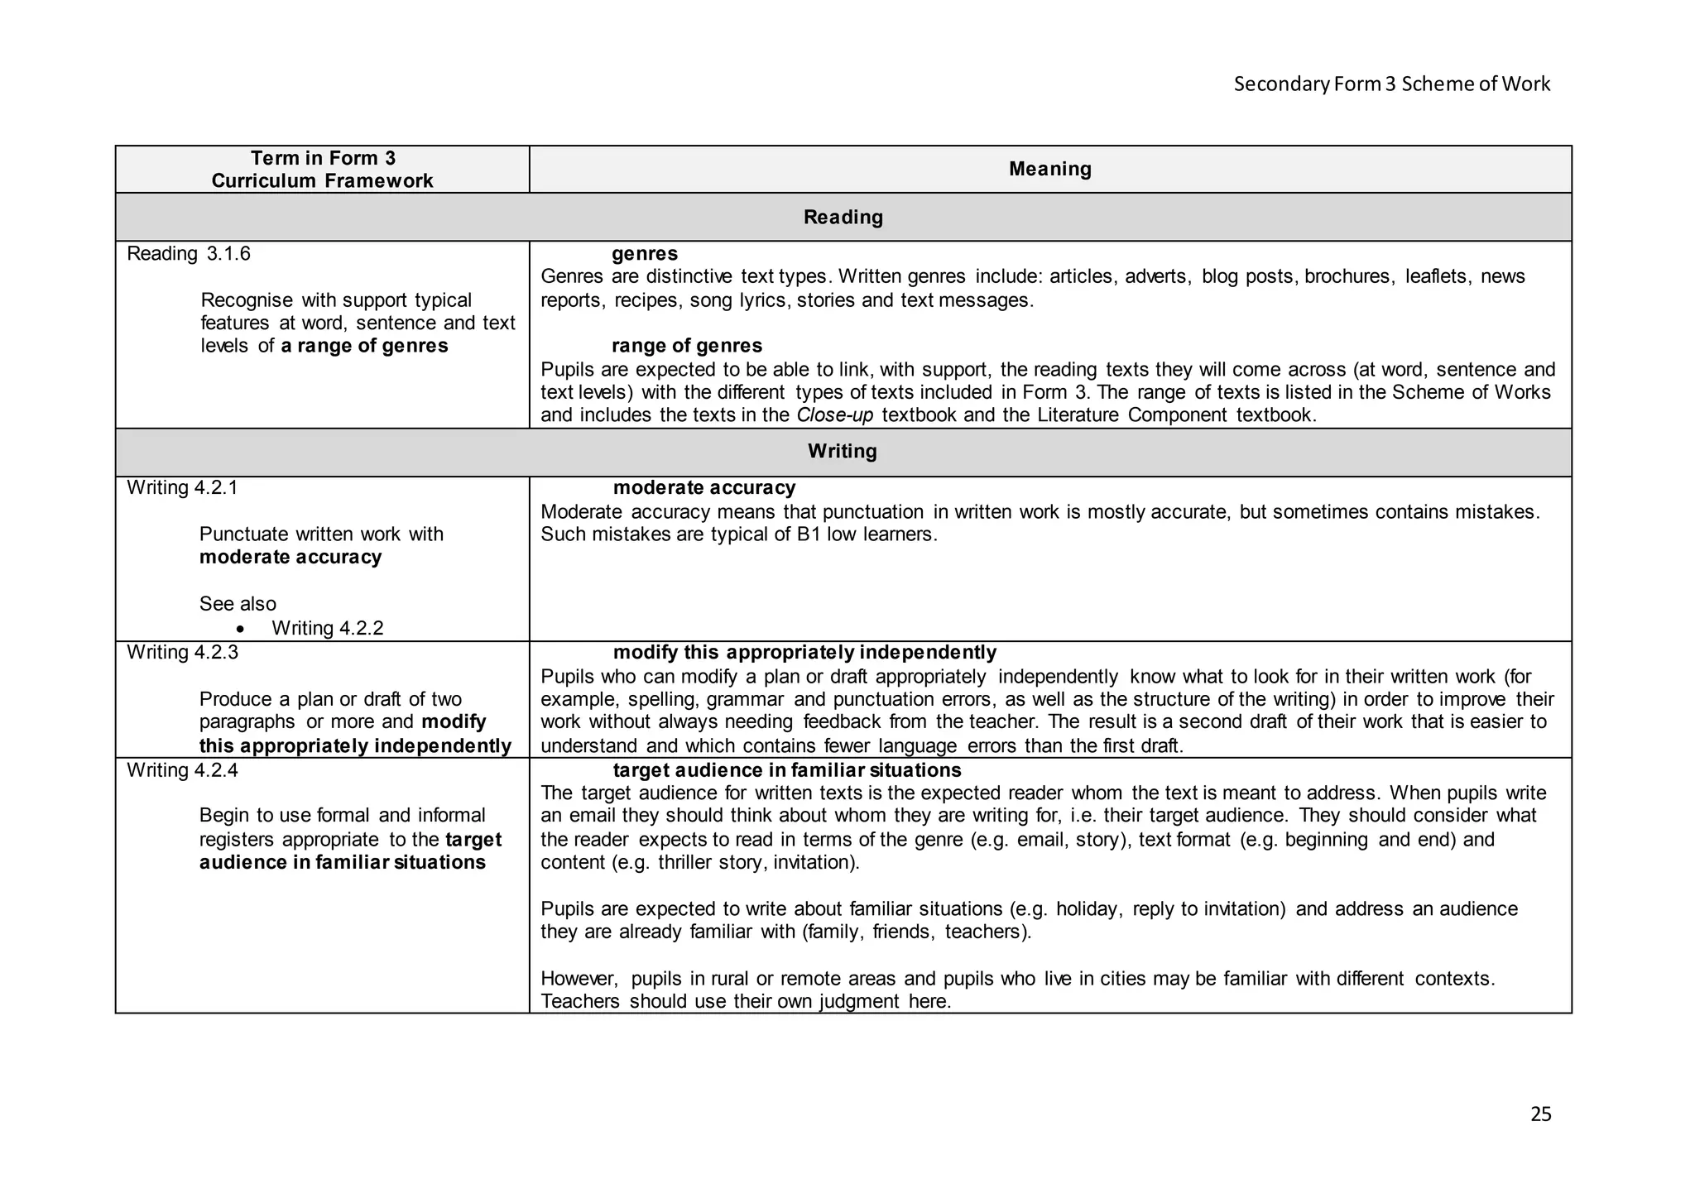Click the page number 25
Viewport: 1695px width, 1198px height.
point(1540,1114)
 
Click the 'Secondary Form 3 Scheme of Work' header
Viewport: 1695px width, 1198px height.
point(1391,84)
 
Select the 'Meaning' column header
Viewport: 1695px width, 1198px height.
point(1049,169)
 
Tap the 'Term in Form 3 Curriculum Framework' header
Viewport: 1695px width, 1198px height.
point(323,170)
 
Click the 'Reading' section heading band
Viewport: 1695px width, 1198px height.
point(843,217)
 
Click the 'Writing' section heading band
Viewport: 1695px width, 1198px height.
point(843,451)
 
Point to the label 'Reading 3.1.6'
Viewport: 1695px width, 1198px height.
point(189,254)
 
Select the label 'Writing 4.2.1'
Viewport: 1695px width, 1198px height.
point(182,488)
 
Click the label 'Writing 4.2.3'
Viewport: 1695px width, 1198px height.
point(182,653)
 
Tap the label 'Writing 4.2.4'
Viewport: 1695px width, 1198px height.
point(182,770)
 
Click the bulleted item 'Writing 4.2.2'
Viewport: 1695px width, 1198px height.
point(328,628)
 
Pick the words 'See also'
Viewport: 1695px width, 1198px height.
point(238,604)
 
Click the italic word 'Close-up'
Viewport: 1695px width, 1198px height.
point(834,415)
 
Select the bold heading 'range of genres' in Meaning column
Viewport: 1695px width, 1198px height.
point(687,346)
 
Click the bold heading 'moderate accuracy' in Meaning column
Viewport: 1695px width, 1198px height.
point(704,488)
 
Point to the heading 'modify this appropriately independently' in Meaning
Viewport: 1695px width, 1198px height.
point(804,653)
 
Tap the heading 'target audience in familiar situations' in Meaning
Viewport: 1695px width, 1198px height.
point(787,770)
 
